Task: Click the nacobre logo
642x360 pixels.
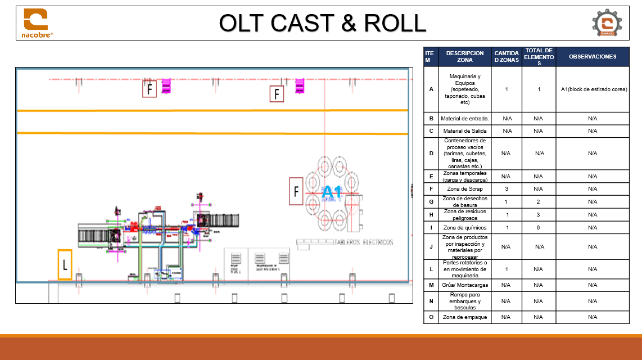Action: [36, 23]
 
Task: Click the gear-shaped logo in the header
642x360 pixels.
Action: [607, 23]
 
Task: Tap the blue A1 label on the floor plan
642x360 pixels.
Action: [331, 192]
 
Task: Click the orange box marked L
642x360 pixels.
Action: [65, 265]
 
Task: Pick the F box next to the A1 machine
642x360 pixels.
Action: [296, 192]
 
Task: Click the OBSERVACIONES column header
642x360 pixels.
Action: [592, 56]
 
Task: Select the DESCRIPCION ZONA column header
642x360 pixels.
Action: [464, 56]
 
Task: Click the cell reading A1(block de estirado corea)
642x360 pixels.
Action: [593, 89]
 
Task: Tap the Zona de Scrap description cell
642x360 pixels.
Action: [464, 189]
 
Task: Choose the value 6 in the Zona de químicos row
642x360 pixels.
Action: [538, 227]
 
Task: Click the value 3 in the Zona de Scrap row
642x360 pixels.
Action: [506, 189]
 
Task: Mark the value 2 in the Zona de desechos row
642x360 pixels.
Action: [538, 202]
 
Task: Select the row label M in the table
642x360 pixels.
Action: [431, 285]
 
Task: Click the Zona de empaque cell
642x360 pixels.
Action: [464, 317]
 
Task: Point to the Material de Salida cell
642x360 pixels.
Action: [464, 131]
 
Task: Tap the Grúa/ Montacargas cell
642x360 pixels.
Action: [464, 285]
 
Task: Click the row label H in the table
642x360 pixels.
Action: [431, 215]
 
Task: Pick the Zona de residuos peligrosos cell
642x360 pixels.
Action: [464, 215]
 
